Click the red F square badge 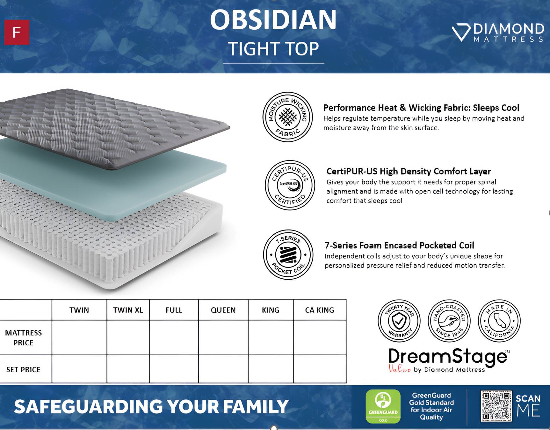(17, 32)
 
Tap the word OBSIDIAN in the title (273, 20)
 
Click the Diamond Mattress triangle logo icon (461, 32)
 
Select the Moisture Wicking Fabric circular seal (287, 117)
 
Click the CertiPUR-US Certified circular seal (290, 185)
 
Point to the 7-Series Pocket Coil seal (288, 255)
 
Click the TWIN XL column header (128, 310)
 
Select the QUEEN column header (223, 310)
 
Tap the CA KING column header (320, 310)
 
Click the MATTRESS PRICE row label (24, 338)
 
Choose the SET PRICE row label (24, 369)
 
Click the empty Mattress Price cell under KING (271, 337)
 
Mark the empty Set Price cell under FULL (174, 369)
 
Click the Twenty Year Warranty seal (399, 321)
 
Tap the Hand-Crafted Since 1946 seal (449, 321)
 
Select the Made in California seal (499, 321)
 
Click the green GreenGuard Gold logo (383, 406)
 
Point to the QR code (496, 406)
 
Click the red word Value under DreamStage (400, 369)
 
